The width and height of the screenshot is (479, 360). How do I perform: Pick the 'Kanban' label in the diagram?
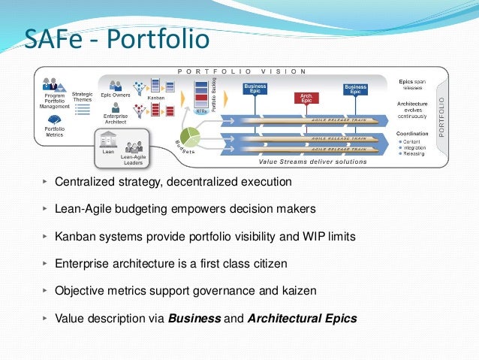click(155, 98)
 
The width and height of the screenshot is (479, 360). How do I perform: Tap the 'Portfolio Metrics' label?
click(56, 133)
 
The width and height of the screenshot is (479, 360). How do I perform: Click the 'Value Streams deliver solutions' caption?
click(312, 161)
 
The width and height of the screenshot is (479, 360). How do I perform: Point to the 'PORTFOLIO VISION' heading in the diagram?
click(241, 71)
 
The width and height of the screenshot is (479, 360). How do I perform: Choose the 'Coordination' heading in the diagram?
click(412, 133)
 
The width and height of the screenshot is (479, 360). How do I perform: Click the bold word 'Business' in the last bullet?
click(194, 318)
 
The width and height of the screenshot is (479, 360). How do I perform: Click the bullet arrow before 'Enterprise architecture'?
click(45, 264)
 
